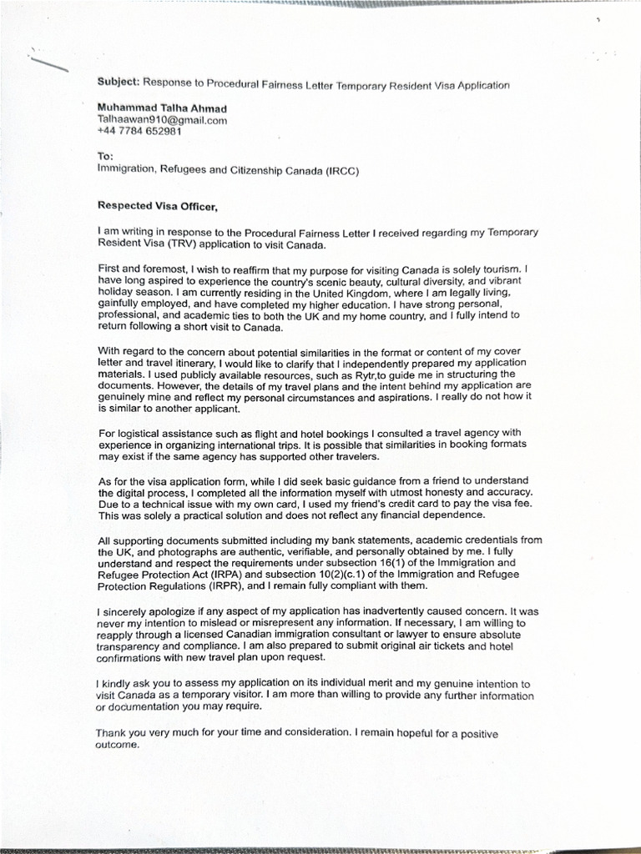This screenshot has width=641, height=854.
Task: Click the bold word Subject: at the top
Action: tap(118, 83)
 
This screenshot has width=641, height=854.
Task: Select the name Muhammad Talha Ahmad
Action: tap(162, 108)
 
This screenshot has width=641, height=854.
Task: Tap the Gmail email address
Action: tap(162, 120)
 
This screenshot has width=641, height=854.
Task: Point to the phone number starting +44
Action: tap(139, 131)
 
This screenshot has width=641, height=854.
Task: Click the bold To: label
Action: tap(105, 156)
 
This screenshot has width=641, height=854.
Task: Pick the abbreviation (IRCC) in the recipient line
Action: tap(344, 169)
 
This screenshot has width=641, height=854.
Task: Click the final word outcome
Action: tap(117, 745)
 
